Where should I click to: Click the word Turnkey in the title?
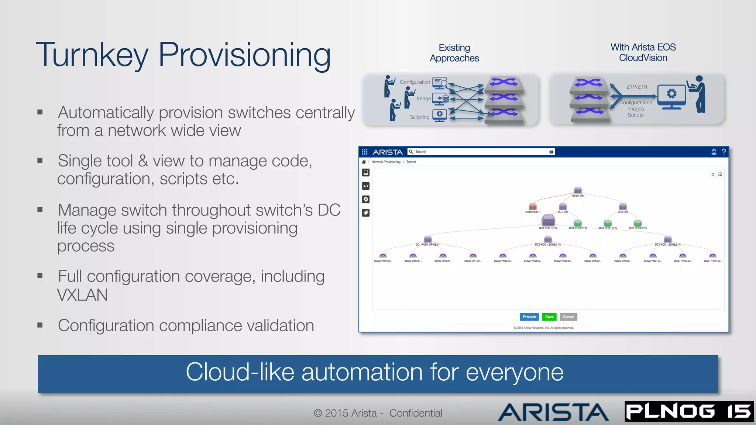coord(92,55)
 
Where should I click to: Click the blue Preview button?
coord(529,317)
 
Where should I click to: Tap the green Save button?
coord(549,317)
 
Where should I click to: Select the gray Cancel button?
coord(568,317)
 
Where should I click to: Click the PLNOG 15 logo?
coord(689,411)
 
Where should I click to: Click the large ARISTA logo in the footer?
coord(553,412)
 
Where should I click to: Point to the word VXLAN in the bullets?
coord(82,295)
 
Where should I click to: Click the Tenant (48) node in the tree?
coord(578,191)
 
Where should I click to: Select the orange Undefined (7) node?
coord(533,207)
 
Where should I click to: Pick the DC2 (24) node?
coord(623,207)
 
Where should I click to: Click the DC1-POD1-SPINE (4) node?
coord(428,239)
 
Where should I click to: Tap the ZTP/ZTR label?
coord(636,87)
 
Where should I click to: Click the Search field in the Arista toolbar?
coord(480,152)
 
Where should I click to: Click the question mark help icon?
coord(724,152)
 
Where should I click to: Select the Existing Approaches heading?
coord(454,53)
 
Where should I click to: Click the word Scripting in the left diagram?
coord(419,117)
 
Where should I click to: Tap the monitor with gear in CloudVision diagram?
coord(671,96)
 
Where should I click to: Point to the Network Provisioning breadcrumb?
coord(386,162)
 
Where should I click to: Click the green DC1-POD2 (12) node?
coord(578,223)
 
